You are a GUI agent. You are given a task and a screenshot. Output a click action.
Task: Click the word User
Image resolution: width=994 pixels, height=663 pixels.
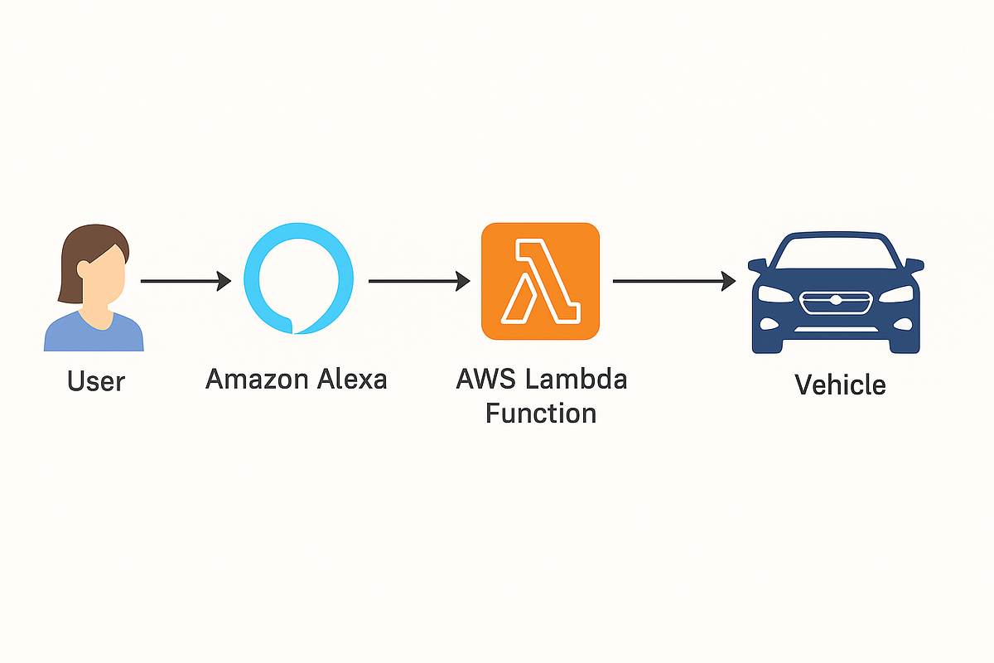point(96,381)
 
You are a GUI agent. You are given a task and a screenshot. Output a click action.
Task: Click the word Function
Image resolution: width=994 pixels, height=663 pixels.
point(540,412)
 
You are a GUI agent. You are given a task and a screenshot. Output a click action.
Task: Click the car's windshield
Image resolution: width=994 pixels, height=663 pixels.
point(836,252)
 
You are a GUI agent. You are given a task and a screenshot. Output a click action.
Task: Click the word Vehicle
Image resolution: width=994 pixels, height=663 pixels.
point(840,385)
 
